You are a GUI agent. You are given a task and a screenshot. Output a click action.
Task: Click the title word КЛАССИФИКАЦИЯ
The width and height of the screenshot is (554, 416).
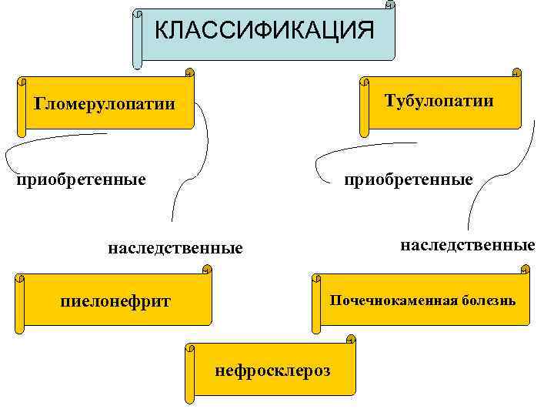click(x=264, y=30)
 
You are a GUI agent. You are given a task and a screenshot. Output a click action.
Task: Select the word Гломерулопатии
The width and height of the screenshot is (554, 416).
click(x=105, y=104)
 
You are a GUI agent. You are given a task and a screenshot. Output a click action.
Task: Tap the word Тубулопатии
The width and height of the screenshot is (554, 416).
click(x=439, y=102)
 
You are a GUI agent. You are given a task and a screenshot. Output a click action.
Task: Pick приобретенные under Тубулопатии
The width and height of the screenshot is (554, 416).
click(x=408, y=179)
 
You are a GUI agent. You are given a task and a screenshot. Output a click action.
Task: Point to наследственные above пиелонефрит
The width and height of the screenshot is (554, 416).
click(x=175, y=248)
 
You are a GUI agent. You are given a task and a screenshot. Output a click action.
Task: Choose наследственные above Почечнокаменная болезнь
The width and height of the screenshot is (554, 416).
click(x=467, y=245)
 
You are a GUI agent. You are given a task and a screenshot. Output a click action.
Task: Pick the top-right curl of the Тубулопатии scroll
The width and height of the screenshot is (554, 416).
click(x=517, y=72)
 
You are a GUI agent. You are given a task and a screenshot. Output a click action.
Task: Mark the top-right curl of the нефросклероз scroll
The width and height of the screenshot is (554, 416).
click(x=351, y=339)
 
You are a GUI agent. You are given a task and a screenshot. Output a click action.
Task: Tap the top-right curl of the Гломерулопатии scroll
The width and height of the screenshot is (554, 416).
click(x=189, y=73)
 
